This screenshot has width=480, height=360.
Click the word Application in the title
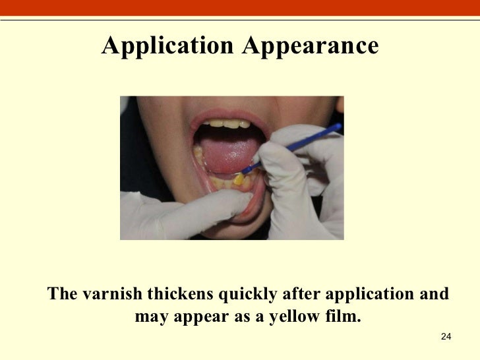(x=167, y=46)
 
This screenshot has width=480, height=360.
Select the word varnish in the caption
(x=111, y=293)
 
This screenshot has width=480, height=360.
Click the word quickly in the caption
(x=246, y=294)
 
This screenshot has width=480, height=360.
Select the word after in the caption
(x=301, y=293)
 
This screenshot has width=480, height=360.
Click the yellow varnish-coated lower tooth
(x=239, y=179)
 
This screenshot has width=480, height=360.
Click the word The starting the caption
(x=63, y=293)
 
